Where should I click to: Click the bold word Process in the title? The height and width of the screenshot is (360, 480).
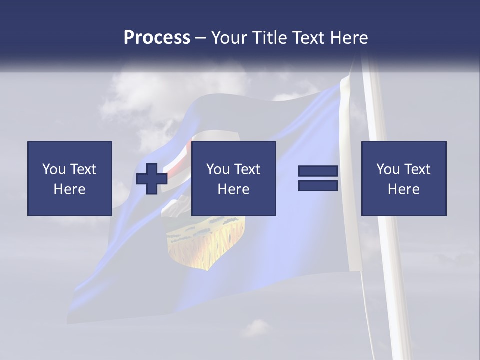click(157, 37)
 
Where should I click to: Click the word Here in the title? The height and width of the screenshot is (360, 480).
click(349, 37)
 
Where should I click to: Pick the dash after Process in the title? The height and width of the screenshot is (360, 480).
click(200, 38)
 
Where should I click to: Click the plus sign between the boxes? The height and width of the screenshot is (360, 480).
click(152, 179)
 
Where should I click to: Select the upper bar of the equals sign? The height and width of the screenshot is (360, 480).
click(318, 171)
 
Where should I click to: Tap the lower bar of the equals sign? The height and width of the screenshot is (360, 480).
click(318, 186)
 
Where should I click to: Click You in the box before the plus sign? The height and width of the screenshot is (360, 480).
click(54, 169)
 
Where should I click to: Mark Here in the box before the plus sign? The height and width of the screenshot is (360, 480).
click(69, 189)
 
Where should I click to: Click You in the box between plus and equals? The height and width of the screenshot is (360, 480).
click(218, 169)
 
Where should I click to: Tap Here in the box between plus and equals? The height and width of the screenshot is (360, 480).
click(233, 189)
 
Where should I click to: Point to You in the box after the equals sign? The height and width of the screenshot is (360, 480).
click(388, 169)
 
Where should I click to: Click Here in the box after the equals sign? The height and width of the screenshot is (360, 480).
click(403, 189)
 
